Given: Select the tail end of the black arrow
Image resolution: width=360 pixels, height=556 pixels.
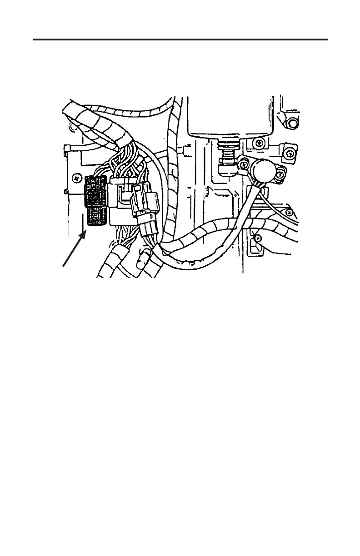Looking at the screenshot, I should (63, 267).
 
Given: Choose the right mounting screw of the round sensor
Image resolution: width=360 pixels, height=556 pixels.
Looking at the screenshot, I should (280, 173).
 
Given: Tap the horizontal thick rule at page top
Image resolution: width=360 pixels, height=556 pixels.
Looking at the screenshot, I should (180, 40).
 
